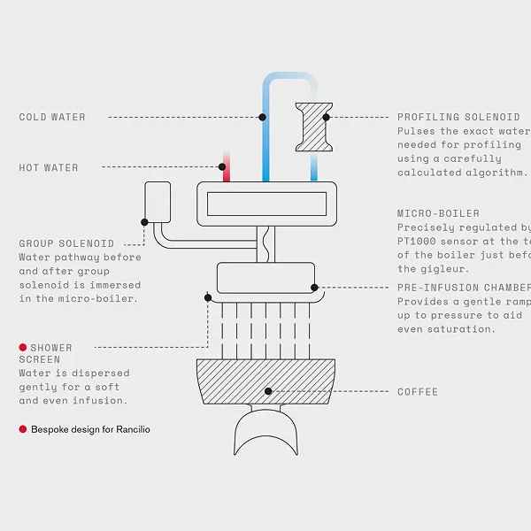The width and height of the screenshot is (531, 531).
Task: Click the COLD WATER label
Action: pos(52,117)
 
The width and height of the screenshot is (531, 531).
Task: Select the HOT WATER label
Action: pos(49,167)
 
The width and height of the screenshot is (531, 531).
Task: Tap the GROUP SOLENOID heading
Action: pos(66,243)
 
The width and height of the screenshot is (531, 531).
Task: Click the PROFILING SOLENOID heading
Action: pos(458,117)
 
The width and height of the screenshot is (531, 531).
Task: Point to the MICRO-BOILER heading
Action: pos(438,213)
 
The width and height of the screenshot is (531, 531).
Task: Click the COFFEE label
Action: pos(417,391)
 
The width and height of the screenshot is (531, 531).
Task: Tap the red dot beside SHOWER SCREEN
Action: pos(23,348)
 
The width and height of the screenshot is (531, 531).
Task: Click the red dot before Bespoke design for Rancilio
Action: pos(23,428)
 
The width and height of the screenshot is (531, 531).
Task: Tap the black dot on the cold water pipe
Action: pos(263,117)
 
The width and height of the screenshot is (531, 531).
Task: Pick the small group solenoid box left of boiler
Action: pos(158,203)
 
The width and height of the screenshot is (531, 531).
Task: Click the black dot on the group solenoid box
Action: pos(145,222)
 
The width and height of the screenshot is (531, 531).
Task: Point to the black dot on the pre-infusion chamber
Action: pos(314,288)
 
